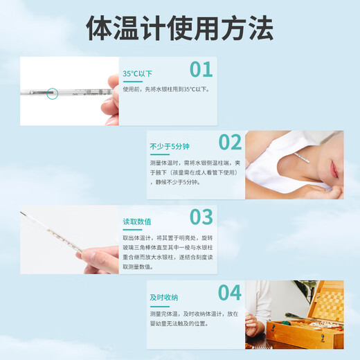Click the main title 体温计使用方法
179,28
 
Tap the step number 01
201,69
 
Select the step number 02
229,142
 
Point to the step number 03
201,217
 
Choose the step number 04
229,292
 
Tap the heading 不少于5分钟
169,147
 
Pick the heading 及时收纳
163,296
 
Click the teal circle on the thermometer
51,92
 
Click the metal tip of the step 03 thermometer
23,213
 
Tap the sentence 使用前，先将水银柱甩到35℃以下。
165,89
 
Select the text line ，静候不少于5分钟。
174,182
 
